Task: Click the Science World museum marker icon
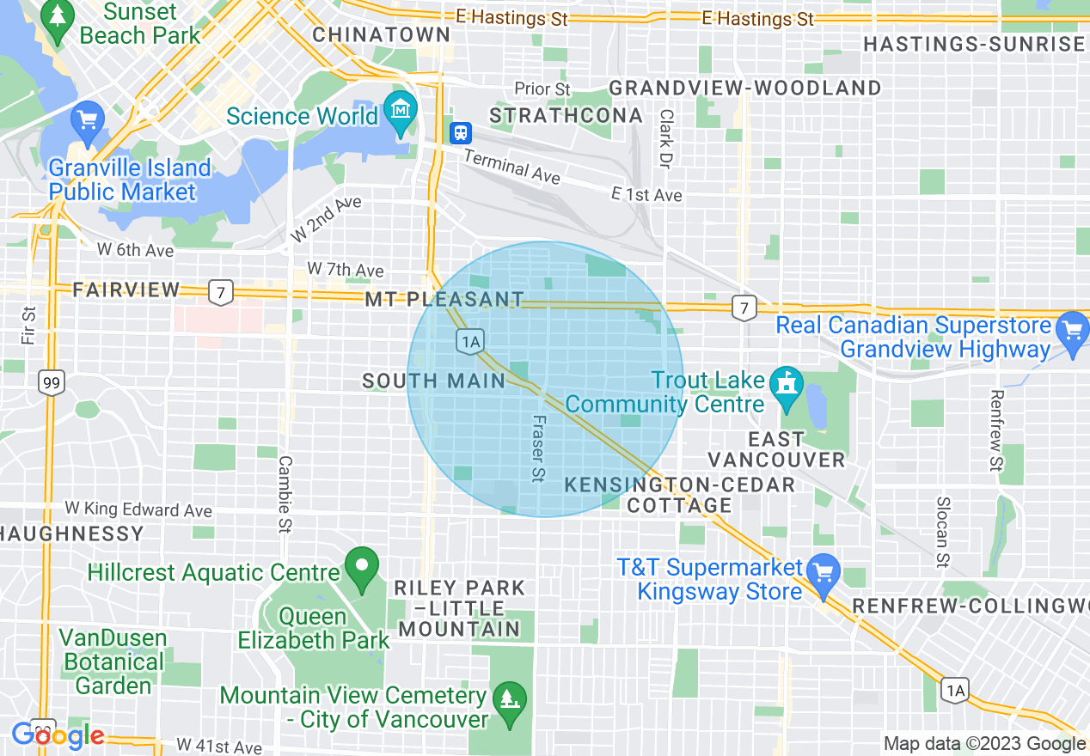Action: coord(401,113)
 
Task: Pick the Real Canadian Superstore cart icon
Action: coord(1072,331)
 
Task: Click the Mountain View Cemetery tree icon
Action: coord(511,698)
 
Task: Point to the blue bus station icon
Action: coord(461,132)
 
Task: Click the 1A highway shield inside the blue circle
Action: coord(469,342)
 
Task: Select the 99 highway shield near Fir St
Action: coord(51,382)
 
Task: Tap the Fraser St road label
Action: coord(538,448)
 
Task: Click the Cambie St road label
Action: coord(285,494)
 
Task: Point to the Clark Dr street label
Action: coord(666,137)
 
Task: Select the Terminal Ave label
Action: coord(511,166)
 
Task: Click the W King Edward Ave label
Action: coord(138,509)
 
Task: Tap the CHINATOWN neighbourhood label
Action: coord(382,34)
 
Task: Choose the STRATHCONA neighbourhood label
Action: coord(566,115)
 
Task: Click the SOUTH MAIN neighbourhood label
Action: coord(433,381)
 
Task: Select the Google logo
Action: coord(58,735)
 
